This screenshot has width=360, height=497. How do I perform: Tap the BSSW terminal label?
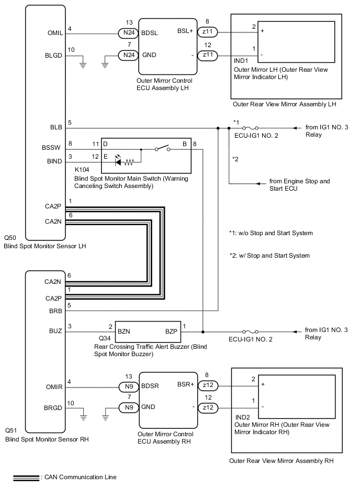click(52, 148)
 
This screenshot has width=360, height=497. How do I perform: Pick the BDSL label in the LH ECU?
click(151, 31)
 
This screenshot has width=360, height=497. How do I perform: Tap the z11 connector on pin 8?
click(208, 31)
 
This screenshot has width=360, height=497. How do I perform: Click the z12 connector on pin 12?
click(208, 407)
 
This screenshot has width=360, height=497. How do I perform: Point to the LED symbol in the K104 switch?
click(119, 162)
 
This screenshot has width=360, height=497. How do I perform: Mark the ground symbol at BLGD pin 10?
click(83, 65)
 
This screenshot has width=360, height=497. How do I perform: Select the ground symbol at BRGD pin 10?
click(83, 417)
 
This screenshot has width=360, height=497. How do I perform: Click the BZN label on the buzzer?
click(125, 331)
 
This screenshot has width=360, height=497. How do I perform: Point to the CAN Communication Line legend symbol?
click(26, 477)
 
